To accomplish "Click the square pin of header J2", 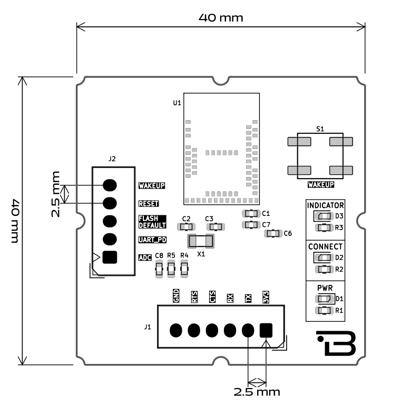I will (110, 257).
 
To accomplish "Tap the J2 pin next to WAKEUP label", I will (110, 185).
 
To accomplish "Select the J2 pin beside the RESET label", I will (110, 203).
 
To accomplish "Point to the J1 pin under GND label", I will (176, 330).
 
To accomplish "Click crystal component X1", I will (201, 242).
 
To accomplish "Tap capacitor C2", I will (185, 226).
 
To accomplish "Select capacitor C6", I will (273, 233).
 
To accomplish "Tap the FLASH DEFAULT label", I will (152, 222).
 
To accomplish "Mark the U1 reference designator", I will (177, 103).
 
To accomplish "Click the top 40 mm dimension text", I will (221, 17).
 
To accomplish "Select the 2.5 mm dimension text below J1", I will (258, 392).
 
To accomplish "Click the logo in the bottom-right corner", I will (337, 344).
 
